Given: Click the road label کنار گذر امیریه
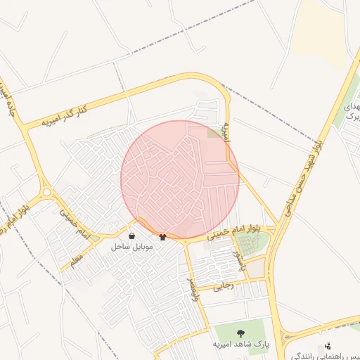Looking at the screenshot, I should pyautogui.click(x=64, y=115).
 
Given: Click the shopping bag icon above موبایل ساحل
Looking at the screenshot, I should pyautogui.click(x=132, y=237).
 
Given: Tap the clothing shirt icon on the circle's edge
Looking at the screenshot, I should pyautogui.click(x=164, y=237).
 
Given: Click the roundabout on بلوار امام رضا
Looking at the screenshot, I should pyautogui.click(x=47, y=192).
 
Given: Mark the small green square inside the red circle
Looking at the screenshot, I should pyautogui.click(x=213, y=132).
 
